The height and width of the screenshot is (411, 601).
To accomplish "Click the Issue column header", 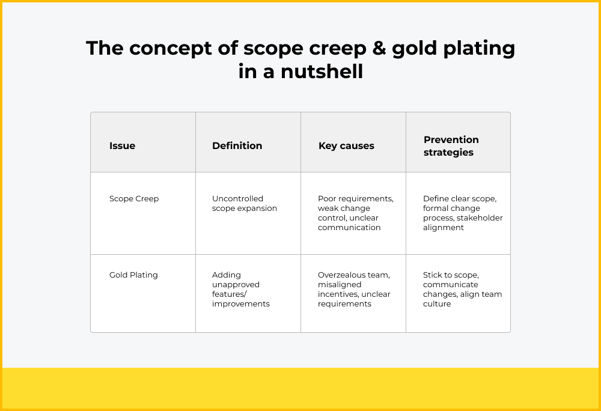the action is pyautogui.click(x=122, y=145).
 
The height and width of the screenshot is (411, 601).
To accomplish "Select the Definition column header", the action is pyautogui.click(x=237, y=145).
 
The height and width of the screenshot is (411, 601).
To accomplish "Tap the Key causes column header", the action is pyautogui.click(x=346, y=145).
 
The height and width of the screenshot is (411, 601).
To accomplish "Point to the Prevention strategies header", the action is pyautogui.click(x=451, y=146).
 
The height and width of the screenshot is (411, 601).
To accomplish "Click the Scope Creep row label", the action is pyautogui.click(x=134, y=199).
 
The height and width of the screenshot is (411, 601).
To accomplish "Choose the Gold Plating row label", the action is pyautogui.click(x=133, y=275).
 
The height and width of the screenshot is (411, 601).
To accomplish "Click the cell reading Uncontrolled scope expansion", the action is pyautogui.click(x=244, y=203).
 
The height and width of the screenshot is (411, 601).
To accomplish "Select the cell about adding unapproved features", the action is pyautogui.click(x=241, y=289).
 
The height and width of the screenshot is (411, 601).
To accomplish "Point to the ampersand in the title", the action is pyautogui.click(x=379, y=48).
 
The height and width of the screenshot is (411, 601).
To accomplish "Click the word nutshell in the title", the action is pyautogui.click(x=322, y=72).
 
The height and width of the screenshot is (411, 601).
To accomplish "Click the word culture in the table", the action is pyautogui.click(x=437, y=304).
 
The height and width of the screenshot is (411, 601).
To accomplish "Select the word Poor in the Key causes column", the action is pyautogui.click(x=326, y=199).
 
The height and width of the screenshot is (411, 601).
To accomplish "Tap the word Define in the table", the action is pyautogui.click(x=435, y=199).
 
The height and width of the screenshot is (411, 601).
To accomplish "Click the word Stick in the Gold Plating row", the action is pyautogui.click(x=432, y=275).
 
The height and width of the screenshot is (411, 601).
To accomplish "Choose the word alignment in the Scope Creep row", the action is pyautogui.click(x=444, y=228).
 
